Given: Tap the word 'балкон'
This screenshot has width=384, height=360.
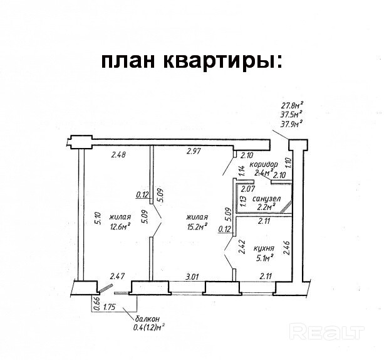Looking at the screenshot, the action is click(145, 319).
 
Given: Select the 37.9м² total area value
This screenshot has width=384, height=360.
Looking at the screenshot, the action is click(291, 124).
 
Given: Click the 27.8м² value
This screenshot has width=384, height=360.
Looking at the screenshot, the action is click(291, 105).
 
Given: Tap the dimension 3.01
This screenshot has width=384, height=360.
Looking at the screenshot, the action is click(191, 275).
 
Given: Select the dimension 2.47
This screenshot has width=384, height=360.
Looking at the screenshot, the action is click(118, 275).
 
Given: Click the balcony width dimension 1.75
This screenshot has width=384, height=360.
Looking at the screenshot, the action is click(110, 307).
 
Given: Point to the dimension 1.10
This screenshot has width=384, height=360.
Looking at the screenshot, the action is click(288, 165).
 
